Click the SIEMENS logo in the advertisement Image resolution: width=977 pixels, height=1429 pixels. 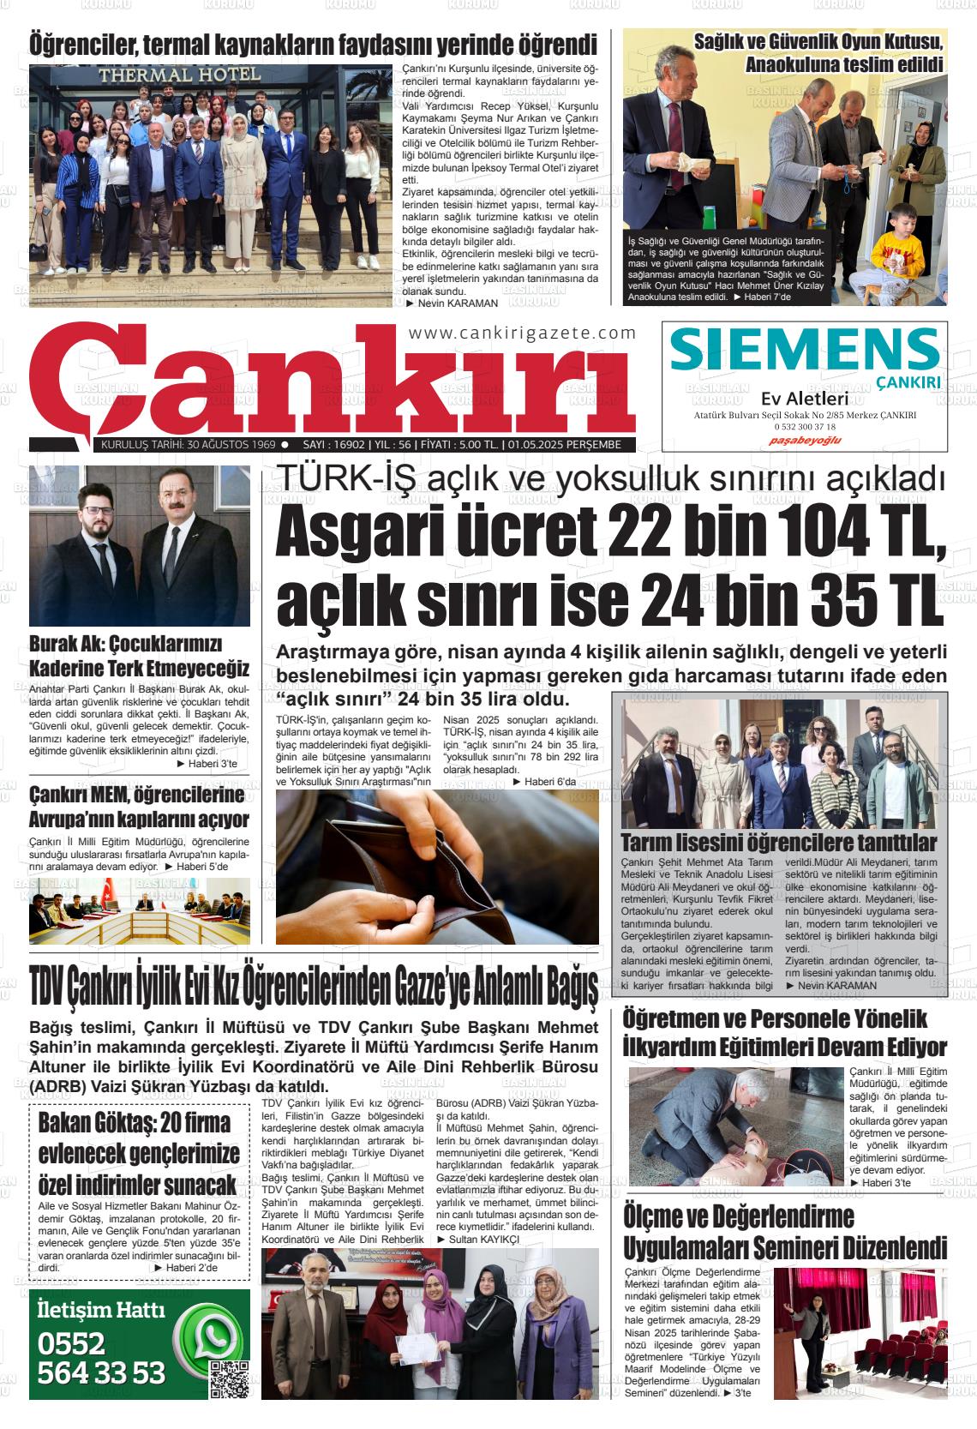pos(804,351)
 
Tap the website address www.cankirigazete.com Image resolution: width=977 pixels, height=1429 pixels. pos(523,333)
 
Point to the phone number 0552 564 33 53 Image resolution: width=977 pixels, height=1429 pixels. pos(101,1358)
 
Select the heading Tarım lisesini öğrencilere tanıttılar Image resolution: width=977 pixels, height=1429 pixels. pos(777,841)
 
